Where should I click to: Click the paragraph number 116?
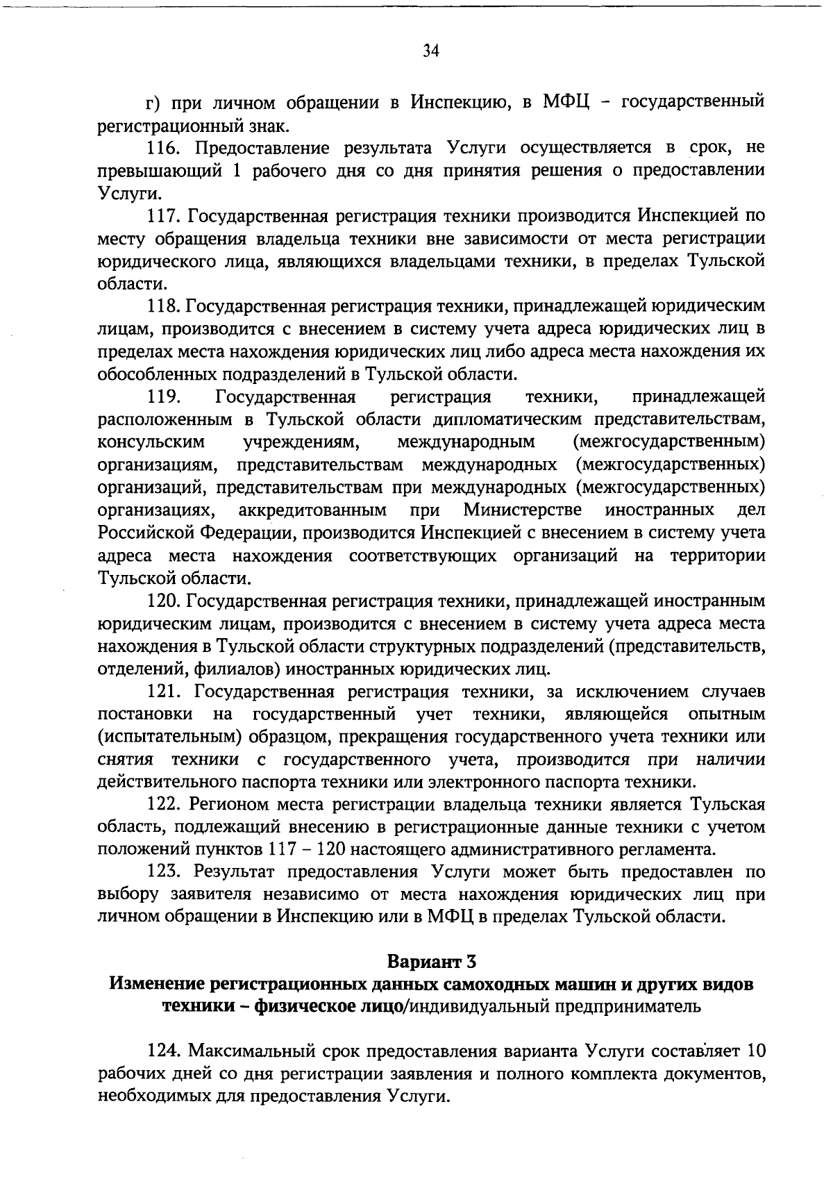pos(165,147)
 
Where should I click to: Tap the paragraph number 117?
pos(165,215)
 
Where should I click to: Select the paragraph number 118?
pos(165,306)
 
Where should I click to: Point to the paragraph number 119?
pos(165,396)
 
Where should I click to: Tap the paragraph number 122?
pos(165,804)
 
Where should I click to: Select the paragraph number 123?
pos(165,871)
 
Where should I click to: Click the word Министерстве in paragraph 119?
pos(523,510)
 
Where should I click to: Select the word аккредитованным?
pos(312,510)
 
